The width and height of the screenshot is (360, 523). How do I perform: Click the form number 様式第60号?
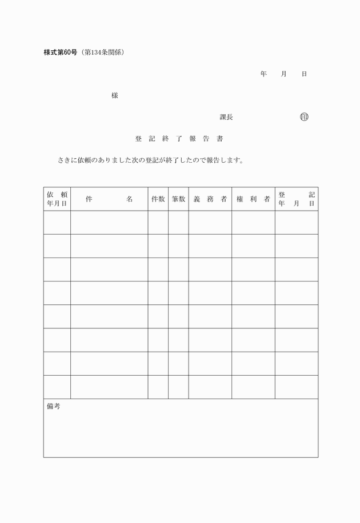click(x=62, y=53)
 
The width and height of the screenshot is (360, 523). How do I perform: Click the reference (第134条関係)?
click(x=103, y=53)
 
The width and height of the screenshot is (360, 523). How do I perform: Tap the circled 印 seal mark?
click(x=304, y=117)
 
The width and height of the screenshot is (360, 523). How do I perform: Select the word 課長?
click(x=226, y=117)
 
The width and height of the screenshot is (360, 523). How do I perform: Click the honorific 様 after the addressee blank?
click(x=115, y=95)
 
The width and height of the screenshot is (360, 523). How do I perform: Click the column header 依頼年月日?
click(x=57, y=199)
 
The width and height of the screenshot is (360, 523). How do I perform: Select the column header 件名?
click(x=109, y=199)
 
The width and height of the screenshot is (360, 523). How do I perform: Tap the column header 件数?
click(x=158, y=199)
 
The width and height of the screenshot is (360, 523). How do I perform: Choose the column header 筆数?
click(x=178, y=199)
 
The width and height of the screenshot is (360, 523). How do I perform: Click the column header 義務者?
click(x=210, y=199)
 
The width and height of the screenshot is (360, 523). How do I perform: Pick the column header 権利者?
click(x=253, y=199)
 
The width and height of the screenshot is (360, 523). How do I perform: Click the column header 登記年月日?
click(x=297, y=199)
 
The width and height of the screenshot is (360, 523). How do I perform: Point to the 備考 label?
click(x=53, y=407)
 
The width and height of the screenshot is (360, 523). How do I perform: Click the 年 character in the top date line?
click(x=263, y=74)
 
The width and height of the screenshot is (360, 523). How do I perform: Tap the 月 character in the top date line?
click(x=283, y=74)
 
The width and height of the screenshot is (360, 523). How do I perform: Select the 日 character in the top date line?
click(x=304, y=74)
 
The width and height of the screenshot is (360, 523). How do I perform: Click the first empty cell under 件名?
click(x=109, y=222)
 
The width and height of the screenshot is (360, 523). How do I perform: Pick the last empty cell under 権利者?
click(x=253, y=387)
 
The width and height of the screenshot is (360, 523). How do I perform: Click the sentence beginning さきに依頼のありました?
click(x=151, y=160)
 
